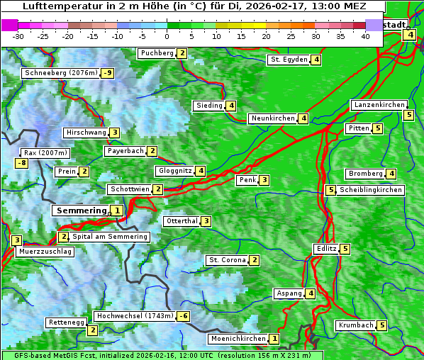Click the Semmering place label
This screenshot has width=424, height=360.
coord(81,210)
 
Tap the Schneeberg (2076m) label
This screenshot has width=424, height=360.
coord(60,73)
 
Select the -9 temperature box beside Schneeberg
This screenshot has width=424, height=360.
coord(108,73)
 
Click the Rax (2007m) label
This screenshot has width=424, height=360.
coord(45,152)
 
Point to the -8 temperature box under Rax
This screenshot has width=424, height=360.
coord(22,164)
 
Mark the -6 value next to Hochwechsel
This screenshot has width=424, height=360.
coord(183,316)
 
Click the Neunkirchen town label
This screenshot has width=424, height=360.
coord(273,118)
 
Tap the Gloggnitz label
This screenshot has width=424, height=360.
coord(174,171)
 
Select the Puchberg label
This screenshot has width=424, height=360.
coord(157,53)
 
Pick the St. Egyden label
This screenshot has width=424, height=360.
coord(288,60)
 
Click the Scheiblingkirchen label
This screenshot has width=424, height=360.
coord(371,190)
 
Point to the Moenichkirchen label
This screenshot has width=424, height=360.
coord(238,339)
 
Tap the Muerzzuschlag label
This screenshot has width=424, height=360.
coord(45,252)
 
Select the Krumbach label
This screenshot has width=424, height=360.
coord(356,325)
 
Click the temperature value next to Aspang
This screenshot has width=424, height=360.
coord(311,293)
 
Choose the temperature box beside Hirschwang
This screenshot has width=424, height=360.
coord(114,133)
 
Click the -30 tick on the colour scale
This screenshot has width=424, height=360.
coord(18,35)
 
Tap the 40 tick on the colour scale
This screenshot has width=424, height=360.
coord(365,35)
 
